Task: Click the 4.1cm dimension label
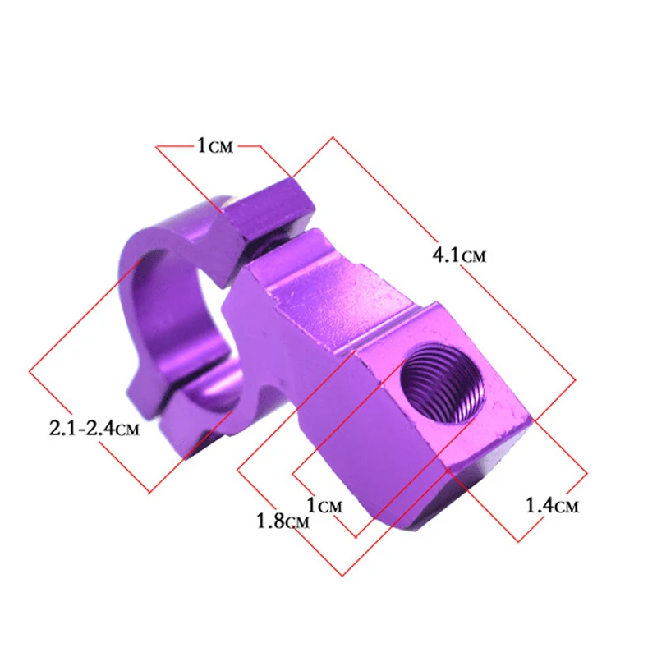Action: tap(459, 255)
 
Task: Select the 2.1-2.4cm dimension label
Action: tap(91, 428)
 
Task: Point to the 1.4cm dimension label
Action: tap(552, 506)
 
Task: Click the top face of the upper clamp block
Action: tap(267, 201)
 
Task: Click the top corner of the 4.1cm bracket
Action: tap(332, 137)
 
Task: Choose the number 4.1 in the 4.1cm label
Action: tap(447, 255)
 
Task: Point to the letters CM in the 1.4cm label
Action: tap(567, 507)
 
